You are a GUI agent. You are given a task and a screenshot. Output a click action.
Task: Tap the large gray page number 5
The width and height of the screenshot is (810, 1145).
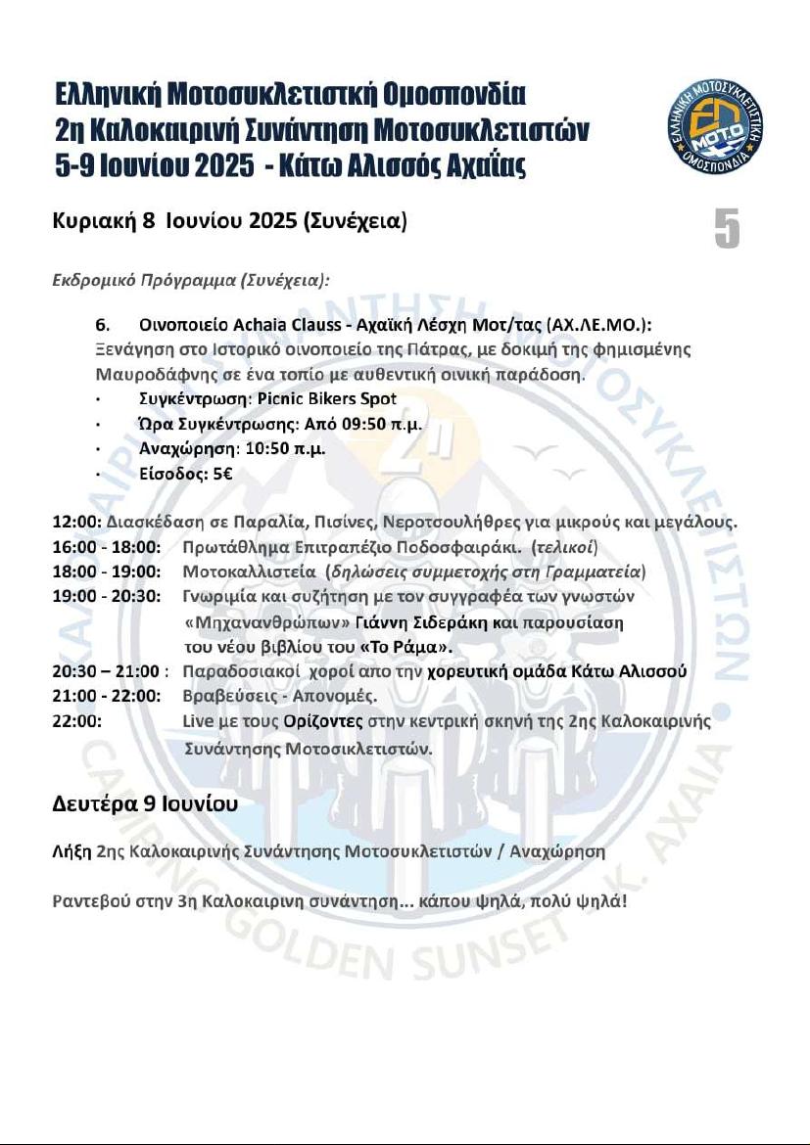726,228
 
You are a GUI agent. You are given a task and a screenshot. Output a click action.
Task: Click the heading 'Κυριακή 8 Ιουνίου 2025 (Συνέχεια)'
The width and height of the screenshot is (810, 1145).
228,222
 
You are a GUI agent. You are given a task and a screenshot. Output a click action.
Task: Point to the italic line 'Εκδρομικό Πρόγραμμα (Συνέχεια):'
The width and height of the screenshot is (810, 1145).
190,279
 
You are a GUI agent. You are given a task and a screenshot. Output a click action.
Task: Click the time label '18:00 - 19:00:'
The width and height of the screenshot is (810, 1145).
105,572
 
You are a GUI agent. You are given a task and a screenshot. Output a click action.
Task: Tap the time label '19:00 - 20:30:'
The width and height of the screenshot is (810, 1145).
105,596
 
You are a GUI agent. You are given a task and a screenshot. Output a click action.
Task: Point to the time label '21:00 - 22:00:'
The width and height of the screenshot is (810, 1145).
105,696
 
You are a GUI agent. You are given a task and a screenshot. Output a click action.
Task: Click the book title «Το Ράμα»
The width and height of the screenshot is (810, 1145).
406,647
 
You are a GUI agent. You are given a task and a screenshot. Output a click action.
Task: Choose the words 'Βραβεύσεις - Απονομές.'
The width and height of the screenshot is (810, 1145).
280,696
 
